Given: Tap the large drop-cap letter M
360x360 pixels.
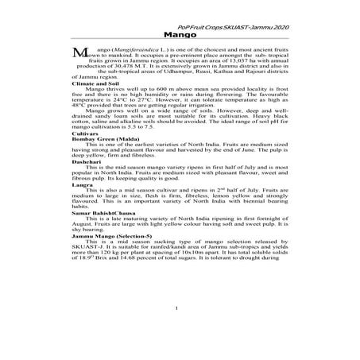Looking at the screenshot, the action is tap(79, 52).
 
